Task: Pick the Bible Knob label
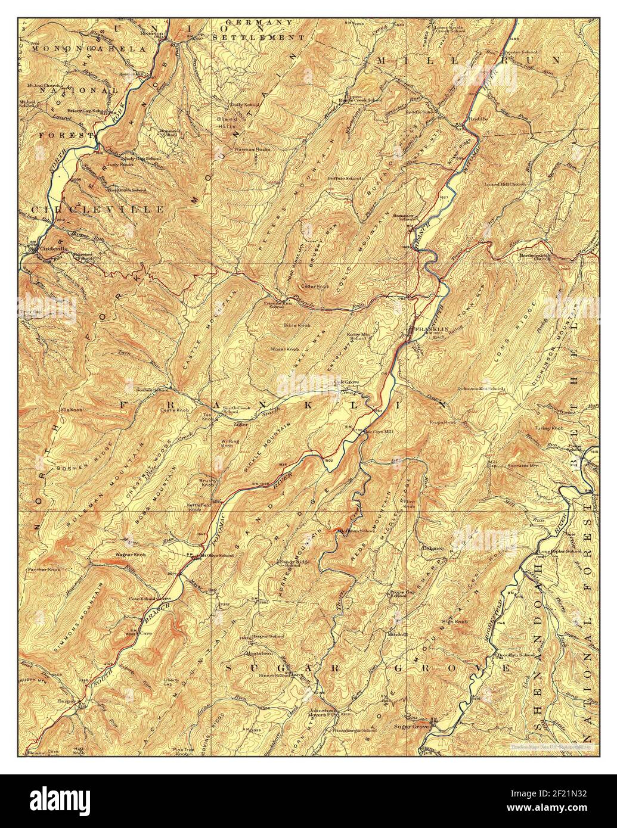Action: pos(297,325)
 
